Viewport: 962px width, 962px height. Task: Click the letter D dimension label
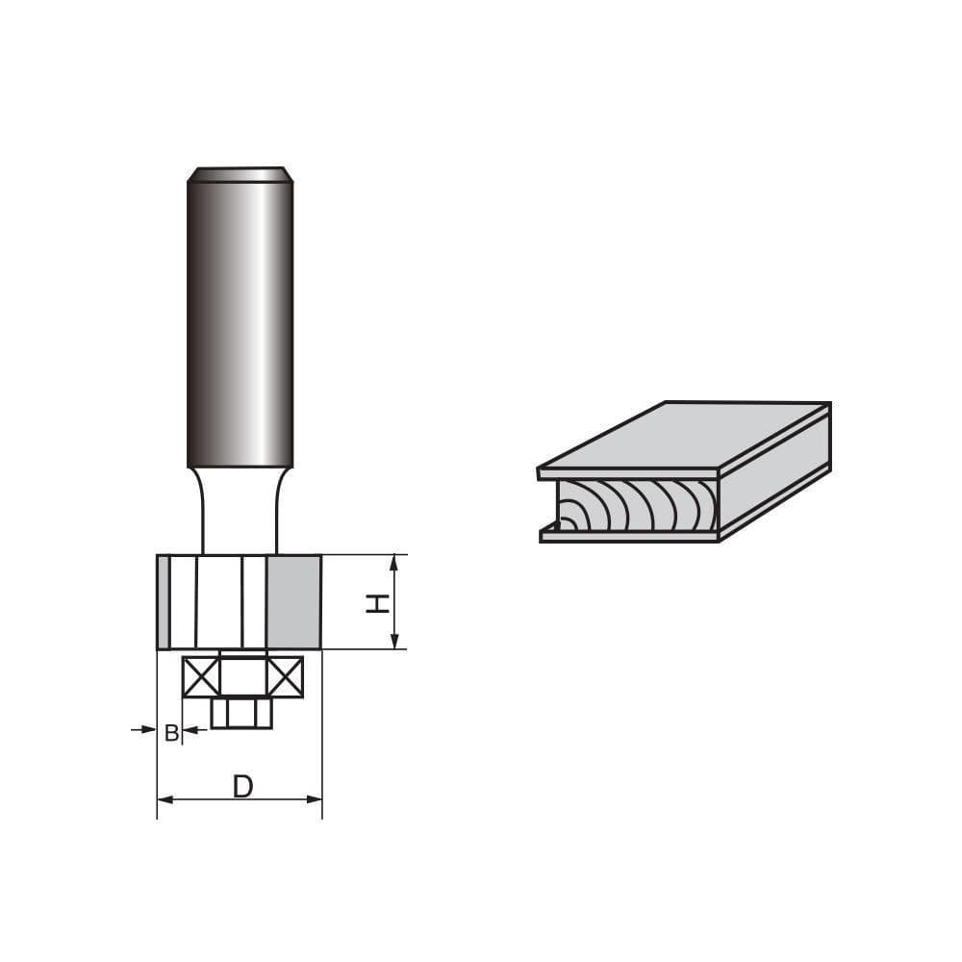pyautogui.click(x=242, y=787)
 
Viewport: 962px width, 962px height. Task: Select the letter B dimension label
pyautogui.click(x=170, y=733)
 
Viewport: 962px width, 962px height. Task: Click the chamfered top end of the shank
pyautogui.click(x=240, y=174)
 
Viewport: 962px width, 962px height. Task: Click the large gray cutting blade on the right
pyautogui.click(x=293, y=602)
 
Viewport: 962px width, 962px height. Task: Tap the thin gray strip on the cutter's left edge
pyautogui.click(x=164, y=602)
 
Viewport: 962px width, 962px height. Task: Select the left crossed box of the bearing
pyautogui.click(x=201, y=676)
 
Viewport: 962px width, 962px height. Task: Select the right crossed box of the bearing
pyautogui.click(x=285, y=676)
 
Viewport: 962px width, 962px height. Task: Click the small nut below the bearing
pyautogui.click(x=241, y=713)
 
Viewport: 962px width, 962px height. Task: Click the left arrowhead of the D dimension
pyautogui.click(x=165, y=798)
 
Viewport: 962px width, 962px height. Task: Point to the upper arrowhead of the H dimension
pyautogui.click(x=393, y=563)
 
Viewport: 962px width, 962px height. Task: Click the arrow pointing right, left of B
pyautogui.click(x=149, y=730)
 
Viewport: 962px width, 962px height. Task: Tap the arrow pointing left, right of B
pyautogui.click(x=190, y=730)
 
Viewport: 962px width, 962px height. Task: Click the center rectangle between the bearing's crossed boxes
pyautogui.click(x=242, y=676)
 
